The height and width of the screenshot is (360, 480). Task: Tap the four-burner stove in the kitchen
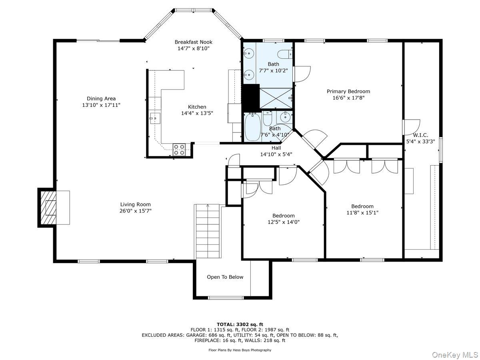click(179, 149)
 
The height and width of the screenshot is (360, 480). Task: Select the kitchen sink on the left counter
click(155, 118)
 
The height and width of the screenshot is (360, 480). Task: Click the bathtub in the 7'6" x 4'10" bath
click(252, 126)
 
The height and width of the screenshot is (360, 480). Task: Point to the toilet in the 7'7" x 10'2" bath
click(285, 54)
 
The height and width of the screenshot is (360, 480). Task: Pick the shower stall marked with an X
click(276, 98)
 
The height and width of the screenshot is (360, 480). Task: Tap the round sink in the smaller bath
click(286, 117)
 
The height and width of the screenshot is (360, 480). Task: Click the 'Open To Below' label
click(225, 277)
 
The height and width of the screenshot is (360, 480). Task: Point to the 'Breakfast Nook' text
click(194, 42)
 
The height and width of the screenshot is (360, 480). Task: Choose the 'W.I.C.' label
click(420, 135)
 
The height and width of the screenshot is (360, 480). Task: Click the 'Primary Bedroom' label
click(348, 91)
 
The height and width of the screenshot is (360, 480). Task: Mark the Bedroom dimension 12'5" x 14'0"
click(284, 222)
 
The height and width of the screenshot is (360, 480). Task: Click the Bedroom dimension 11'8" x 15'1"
click(362, 213)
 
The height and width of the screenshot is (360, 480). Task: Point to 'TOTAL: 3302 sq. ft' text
click(240, 324)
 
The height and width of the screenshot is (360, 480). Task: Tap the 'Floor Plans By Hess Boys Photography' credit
click(240, 350)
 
